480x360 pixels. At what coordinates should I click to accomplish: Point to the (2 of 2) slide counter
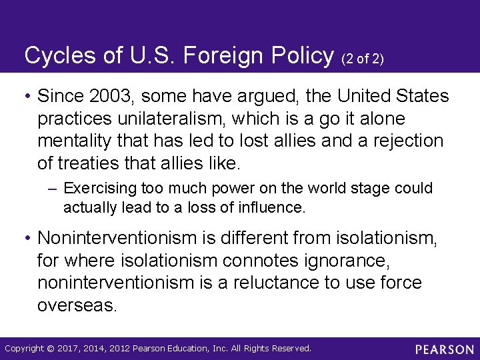point(362,59)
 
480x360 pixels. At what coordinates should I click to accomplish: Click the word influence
point(274,208)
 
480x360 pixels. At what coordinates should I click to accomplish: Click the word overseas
point(77,305)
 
